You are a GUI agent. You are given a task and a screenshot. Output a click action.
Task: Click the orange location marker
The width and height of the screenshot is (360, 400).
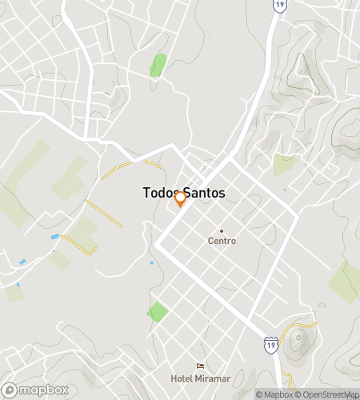point(181,198)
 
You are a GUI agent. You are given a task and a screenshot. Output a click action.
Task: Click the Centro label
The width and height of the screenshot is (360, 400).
point(222,241)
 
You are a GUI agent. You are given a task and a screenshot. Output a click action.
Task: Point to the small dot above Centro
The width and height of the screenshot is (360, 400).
point(222,230)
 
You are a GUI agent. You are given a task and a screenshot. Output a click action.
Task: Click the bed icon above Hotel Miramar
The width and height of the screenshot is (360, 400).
point(199,366)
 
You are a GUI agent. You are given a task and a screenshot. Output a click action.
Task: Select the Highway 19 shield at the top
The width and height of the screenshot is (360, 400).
point(279,5)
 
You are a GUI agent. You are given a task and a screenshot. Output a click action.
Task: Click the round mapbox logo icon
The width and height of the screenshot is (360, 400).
point(10,390)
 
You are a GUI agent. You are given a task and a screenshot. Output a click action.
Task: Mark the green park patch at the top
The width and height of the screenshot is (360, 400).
point(158,65)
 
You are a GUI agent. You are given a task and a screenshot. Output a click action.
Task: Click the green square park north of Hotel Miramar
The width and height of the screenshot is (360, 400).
point(158,312)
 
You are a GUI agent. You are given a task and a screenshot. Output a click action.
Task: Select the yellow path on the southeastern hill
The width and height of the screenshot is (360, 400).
point(307,324)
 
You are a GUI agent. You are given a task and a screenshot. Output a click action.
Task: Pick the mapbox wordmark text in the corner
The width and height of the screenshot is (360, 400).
point(40,390)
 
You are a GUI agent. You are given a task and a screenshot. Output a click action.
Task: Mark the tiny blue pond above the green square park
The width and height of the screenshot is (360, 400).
point(151,262)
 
